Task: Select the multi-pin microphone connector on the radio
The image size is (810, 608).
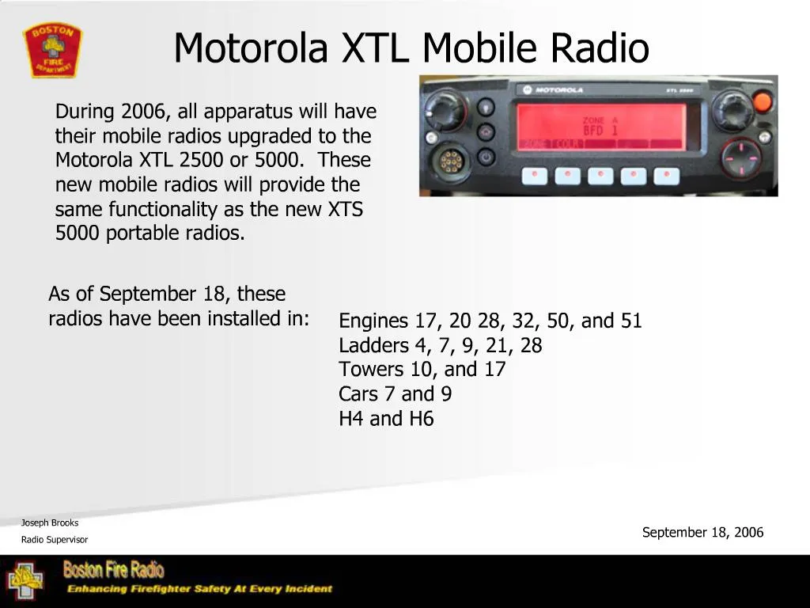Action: tap(450, 162)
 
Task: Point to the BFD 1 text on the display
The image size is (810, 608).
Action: tap(600, 130)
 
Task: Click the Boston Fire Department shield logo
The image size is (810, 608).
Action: tap(52, 49)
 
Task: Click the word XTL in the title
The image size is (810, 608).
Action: tap(376, 47)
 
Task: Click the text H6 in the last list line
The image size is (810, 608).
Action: tap(422, 419)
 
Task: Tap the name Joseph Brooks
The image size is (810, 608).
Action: tap(50, 522)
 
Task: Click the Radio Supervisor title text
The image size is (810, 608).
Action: tap(55, 540)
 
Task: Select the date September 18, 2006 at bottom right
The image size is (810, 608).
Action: tap(702, 532)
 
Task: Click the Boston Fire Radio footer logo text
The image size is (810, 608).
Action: tap(114, 569)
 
